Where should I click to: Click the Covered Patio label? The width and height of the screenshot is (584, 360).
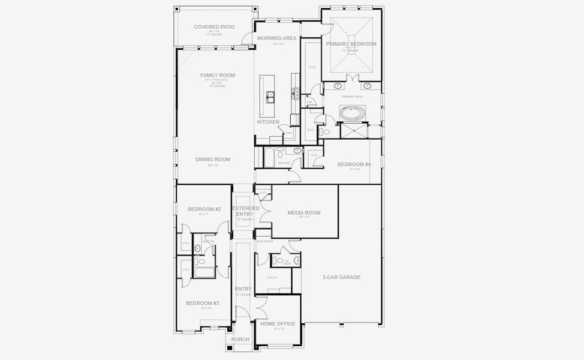(x=214, y=27)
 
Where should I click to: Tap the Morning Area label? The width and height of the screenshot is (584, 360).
(x=276, y=38)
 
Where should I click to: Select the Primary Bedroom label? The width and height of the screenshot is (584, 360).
(x=351, y=44)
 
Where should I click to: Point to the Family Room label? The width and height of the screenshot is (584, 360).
(x=217, y=76)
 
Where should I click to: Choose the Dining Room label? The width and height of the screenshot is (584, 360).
(x=212, y=160)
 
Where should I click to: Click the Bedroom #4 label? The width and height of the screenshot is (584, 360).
(x=354, y=164)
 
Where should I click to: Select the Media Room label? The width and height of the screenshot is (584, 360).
(x=303, y=212)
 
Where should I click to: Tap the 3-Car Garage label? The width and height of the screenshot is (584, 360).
(x=341, y=277)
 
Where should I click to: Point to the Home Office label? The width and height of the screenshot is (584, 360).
(x=277, y=324)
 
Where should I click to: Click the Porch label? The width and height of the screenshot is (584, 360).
(x=240, y=340)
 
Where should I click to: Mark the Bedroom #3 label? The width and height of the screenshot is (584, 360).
(x=202, y=303)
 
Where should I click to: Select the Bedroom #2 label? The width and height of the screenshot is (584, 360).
(x=204, y=209)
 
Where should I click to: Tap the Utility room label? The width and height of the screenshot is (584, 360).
(x=272, y=278)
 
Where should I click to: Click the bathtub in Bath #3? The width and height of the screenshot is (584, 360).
(x=269, y=158)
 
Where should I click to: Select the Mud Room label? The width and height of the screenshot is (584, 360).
(x=264, y=241)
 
